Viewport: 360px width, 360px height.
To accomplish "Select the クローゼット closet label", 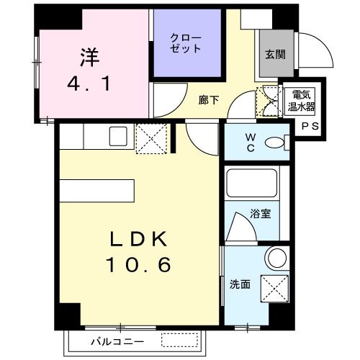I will [x=186, y=42].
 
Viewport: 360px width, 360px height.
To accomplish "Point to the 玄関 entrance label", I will [x=274, y=53].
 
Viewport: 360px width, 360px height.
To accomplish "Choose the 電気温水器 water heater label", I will [x=301, y=100].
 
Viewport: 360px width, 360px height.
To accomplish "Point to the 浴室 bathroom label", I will [x=260, y=213].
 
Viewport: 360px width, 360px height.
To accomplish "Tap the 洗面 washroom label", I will [x=240, y=284].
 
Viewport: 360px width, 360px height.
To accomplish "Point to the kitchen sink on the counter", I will [x=116, y=135].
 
